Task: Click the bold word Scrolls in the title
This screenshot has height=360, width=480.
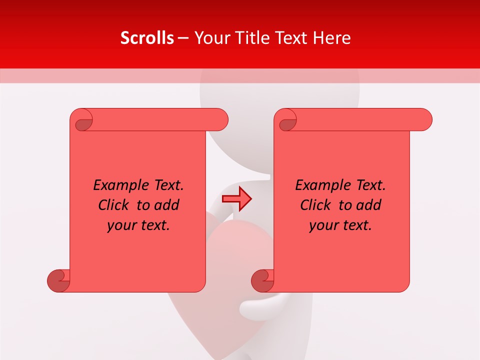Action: coord(147,38)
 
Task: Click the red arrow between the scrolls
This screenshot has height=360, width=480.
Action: coord(236,199)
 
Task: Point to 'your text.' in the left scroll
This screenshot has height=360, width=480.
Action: coord(138,225)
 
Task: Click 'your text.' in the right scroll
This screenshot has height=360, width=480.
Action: coord(340,225)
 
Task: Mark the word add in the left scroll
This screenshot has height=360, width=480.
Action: coord(166,205)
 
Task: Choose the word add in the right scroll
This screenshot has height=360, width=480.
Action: coord(368,205)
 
